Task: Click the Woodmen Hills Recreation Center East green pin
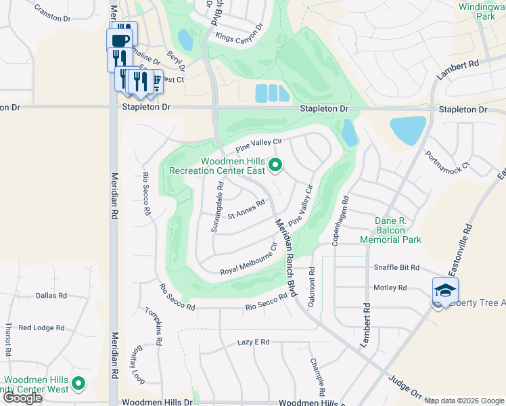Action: (275, 164)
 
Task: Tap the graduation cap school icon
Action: (446, 290)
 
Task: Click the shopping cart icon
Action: (156, 82)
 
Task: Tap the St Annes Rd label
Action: (246, 210)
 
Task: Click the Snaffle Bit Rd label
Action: (396, 268)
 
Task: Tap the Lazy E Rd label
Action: (254, 342)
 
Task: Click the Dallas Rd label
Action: (51, 296)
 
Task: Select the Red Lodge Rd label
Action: (42, 328)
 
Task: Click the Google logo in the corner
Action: (22, 398)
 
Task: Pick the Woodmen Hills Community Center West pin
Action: (79, 384)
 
